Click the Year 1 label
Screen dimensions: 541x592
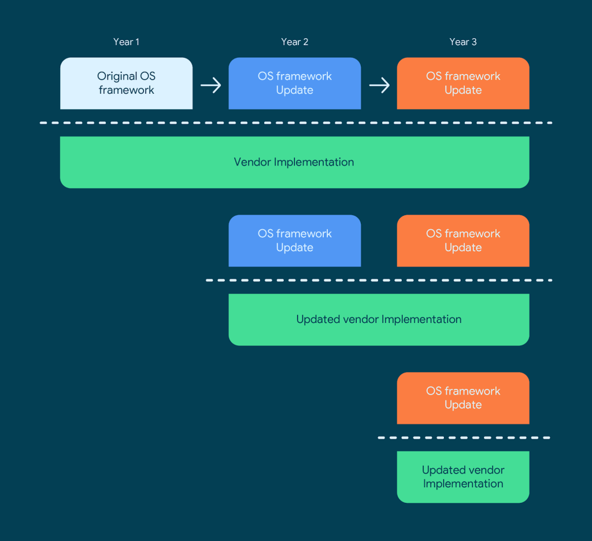click(x=126, y=42)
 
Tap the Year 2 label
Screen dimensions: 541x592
click(x=294, y=42)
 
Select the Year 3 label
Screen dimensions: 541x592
click(x=462, y=42)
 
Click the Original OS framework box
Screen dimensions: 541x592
click(x=126, y=83)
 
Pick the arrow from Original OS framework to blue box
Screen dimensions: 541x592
click(x=210, y=86)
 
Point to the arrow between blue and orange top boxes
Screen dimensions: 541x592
click(x=379, y=86)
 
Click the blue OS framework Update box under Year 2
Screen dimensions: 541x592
click(x=294, y=83)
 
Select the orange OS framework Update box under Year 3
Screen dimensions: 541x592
click(x=462, y=83)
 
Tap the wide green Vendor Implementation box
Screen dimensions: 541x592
click(x=294, y=162)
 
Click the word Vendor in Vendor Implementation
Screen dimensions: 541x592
click(x=252, y=162)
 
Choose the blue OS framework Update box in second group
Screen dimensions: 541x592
click(x=294, y=241)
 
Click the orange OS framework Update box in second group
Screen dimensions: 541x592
click(x=462, y=241)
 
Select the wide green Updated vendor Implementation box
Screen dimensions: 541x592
click(x=379, y=319)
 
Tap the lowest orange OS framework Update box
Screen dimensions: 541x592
click(x=462, y=398)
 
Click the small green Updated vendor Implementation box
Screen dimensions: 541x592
click(x=462, y=477)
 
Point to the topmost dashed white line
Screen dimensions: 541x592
click(x=295, y=123)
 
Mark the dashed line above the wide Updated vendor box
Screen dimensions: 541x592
click(x=379, y=280)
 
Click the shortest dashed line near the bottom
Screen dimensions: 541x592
click(x=464, y=437)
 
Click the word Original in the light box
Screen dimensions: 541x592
click(x=117, y=76)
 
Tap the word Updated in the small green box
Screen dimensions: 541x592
click(x=442, y=470)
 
